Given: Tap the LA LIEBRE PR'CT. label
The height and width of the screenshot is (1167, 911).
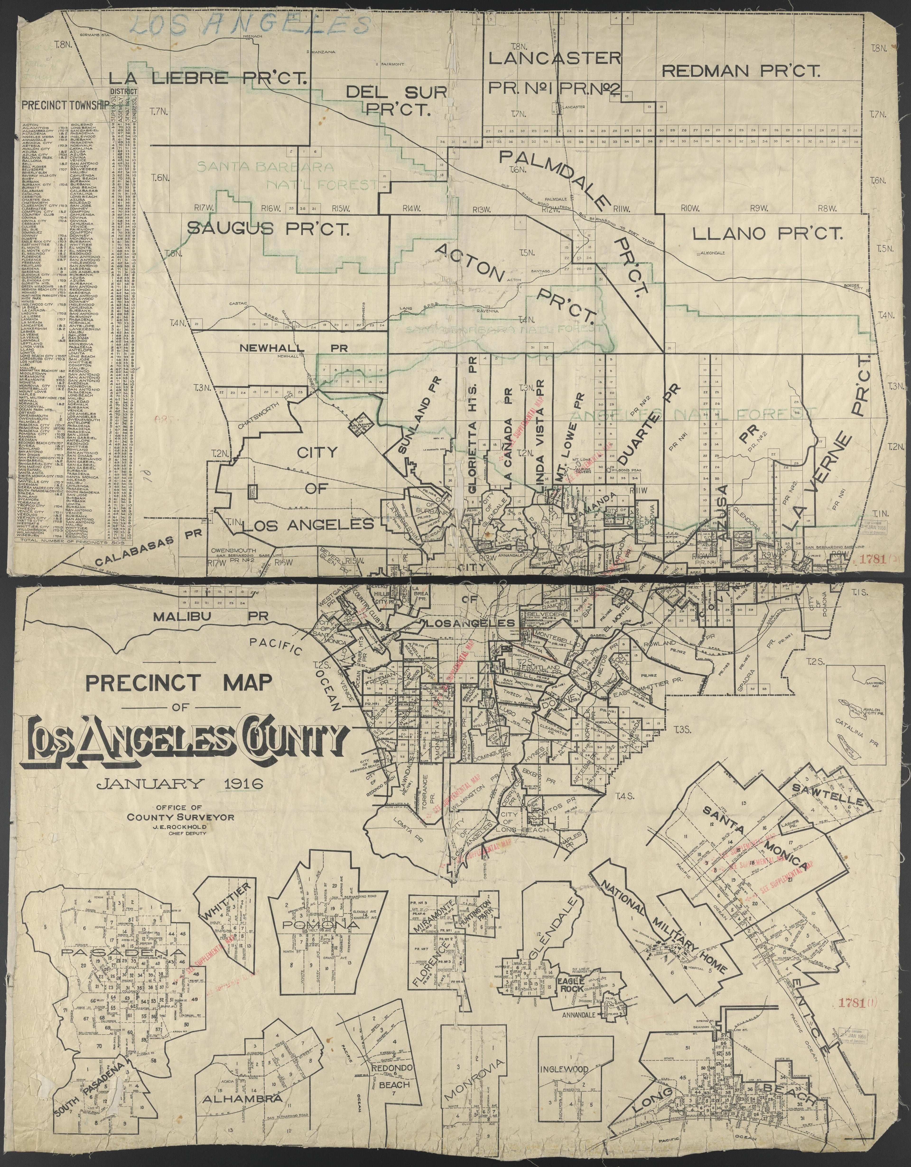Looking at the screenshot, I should [208, 79].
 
